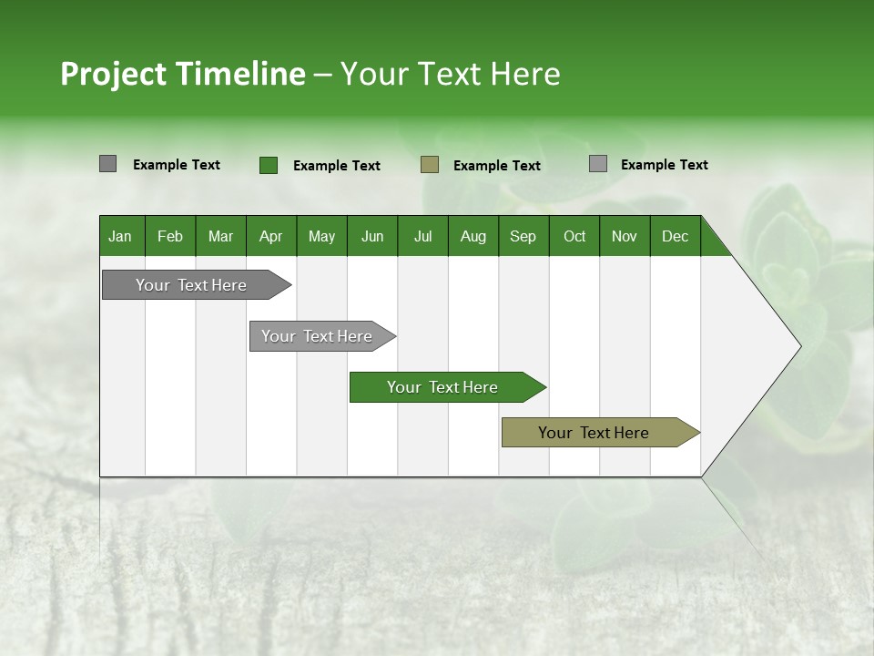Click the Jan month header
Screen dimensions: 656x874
[120, 236]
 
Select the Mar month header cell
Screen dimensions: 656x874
[220, 236]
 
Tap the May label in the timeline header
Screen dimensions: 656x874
[321, 236]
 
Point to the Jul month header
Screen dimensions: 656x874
[422, 236]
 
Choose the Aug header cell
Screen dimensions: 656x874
[473, 236]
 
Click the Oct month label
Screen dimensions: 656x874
[574, 236]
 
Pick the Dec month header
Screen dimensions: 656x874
[675, 236]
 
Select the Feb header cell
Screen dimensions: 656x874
[170, 236]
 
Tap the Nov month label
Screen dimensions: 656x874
[624, 236]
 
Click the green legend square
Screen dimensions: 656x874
[269, 165]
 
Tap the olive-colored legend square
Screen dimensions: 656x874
[430, 165]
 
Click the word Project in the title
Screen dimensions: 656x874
[114, 74]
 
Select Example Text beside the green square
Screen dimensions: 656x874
[337, 166]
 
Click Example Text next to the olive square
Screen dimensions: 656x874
[497, 166]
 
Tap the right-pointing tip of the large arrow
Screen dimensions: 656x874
[798, 346]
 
